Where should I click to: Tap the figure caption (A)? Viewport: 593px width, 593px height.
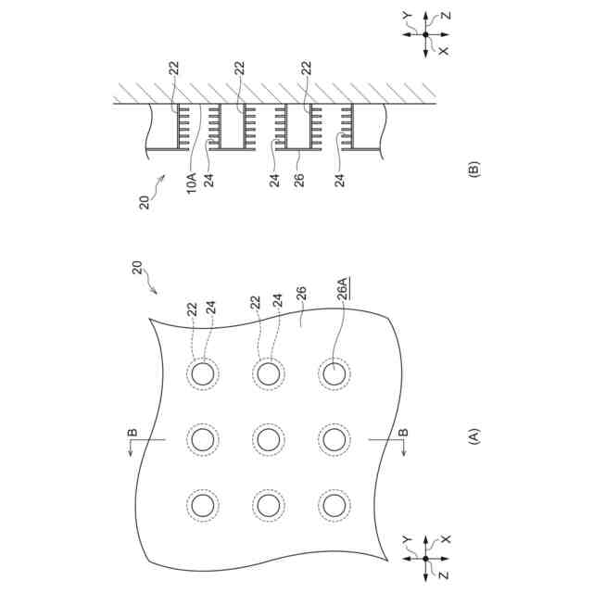click(474, 435)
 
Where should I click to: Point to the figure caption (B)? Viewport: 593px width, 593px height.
click(474, 170)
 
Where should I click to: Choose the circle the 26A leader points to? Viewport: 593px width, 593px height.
click(334, 373)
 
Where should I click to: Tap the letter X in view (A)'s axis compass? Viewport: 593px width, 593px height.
click(444, 538)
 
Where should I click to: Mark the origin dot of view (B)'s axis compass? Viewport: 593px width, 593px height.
click(425, 34)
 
